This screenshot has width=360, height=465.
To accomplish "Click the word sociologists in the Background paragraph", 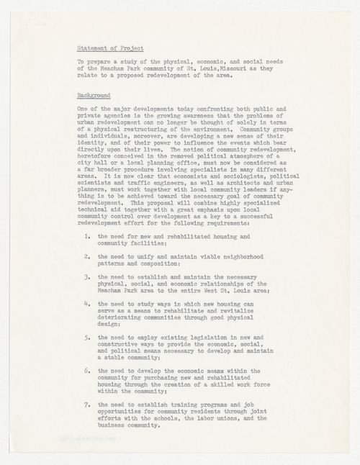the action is point(232,175).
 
